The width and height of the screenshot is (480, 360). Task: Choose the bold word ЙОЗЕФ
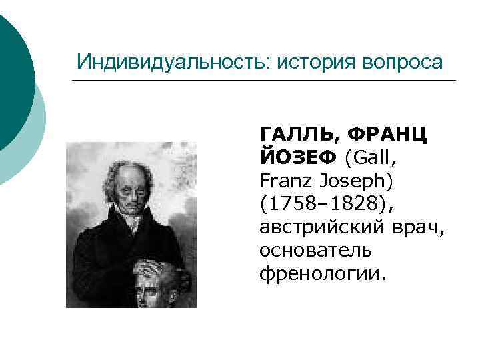click(x=299, y=157)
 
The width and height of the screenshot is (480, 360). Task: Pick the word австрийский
click(x=321, y=227)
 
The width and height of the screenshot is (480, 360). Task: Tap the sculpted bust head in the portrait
click(x=151, y=283)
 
